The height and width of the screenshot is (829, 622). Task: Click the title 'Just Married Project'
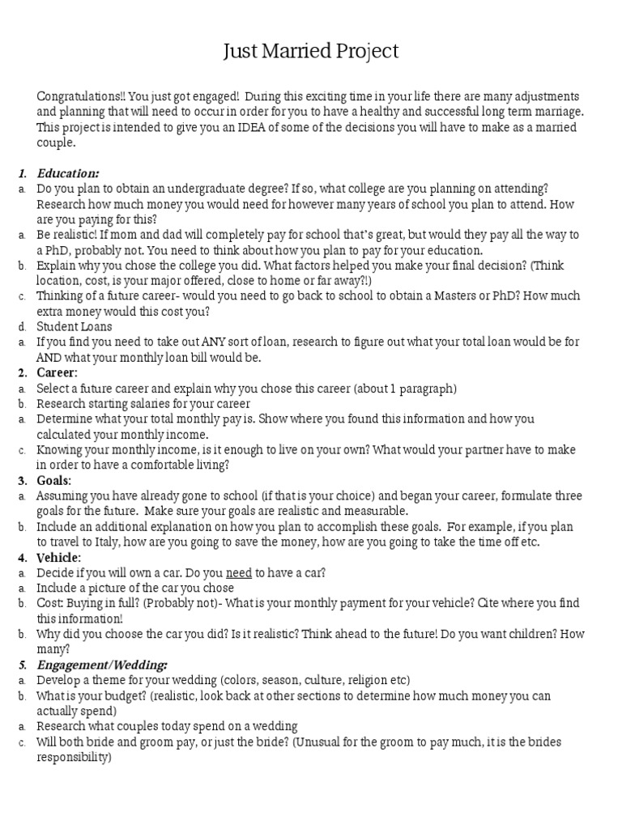point(311,52)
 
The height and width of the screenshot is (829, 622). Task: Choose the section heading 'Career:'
point(58,373)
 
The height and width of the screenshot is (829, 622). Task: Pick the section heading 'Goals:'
point(54,481)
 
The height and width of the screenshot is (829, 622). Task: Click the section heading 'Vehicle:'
point(58,558)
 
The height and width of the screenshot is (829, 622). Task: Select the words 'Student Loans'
point(75,327)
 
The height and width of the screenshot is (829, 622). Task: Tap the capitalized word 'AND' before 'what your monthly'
point(49,358)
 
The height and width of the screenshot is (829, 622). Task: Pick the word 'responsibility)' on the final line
point(73,757)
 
